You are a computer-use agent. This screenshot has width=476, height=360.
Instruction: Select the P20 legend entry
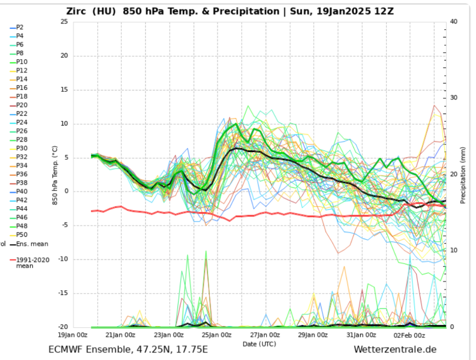pyautogui.click(x=22, y=105)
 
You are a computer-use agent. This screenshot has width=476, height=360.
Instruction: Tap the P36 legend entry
pyautogui.click(x=22, y=174)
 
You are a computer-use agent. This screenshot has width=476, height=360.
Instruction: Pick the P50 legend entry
pyautogui.click(x=22, y=235)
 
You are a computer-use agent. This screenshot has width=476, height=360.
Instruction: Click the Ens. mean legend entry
pyautogui.click(x=32, y=244)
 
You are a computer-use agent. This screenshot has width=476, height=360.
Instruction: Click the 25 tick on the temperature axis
pyautogui.click(x=64, y=22)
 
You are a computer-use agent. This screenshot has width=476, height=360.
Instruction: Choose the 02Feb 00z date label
pyautogui.click(x=409, y=335)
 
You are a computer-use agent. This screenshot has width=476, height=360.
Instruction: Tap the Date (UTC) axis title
pyautogui.click(x=259, y=344)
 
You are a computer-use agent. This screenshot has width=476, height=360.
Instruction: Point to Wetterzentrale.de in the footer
pyautogui.click(x=395, y=350)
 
